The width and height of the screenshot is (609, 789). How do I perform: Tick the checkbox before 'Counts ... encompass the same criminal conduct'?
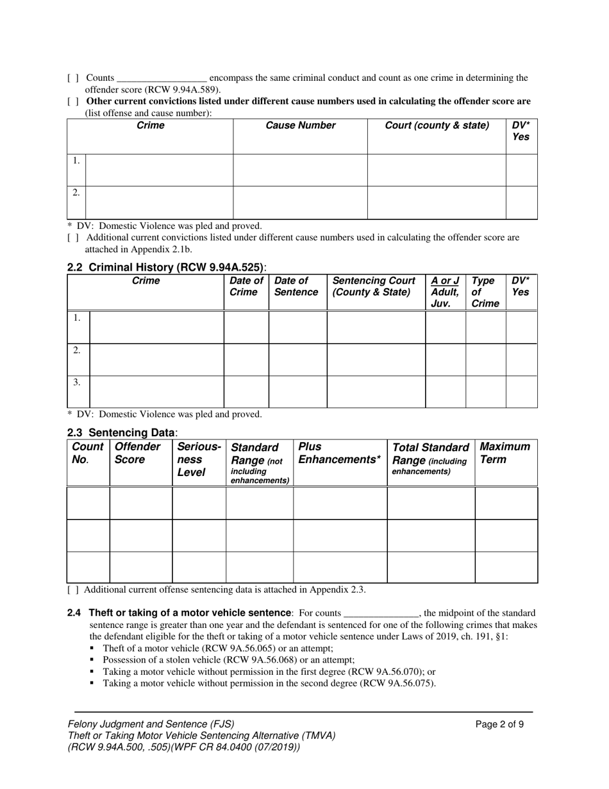click(x=73, y=78)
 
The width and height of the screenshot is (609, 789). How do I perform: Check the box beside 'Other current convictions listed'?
click(x=73, y=101)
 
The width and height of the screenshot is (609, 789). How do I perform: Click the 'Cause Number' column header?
click(x=301, y=126)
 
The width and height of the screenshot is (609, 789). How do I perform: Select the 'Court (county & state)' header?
click(x=437, y=126)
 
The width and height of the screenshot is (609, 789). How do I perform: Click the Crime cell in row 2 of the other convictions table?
click(x=158, y=202)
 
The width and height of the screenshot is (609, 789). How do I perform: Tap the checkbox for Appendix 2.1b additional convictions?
click(x=73, y=237)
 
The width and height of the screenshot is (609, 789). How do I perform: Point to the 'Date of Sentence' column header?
click(x=296, y=286)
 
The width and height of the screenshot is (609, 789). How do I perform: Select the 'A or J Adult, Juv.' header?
click(x=445, y=292)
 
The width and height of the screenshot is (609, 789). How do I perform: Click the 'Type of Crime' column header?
click(x=485, y=292)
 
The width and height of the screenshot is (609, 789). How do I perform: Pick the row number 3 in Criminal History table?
click(x=77, y=382)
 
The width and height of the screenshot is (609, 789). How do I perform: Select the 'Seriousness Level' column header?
click(x=199, y=459)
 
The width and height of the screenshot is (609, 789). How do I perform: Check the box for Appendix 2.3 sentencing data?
click(x=73, y=590)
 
